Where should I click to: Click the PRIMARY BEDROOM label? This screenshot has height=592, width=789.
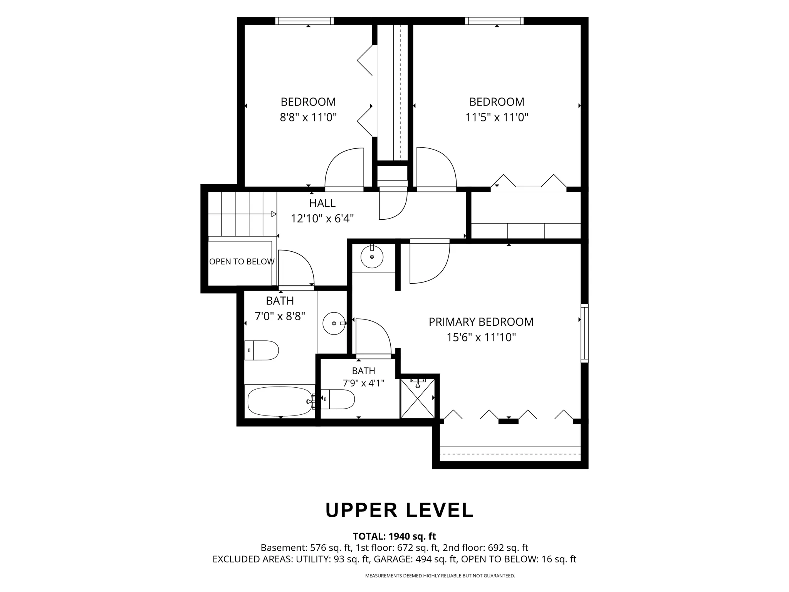pos(481,322)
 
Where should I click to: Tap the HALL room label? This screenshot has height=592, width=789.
pos(322,203)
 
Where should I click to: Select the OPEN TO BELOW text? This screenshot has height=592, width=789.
pos(242,262)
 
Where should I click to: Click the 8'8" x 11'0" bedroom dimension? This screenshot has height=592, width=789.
pos(308,117)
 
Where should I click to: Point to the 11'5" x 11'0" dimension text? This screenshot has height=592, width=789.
pos(497,117)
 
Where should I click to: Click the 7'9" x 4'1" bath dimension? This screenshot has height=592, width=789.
pos(363,383)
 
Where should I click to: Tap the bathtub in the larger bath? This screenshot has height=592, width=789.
pos(280,401)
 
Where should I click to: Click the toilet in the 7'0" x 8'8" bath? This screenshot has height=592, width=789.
pos(262,350)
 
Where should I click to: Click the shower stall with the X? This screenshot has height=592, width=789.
pos(418,399)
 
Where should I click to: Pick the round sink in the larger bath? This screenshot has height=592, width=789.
pos(334,323)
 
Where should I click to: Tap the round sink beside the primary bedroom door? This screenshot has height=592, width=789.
pos(372,257)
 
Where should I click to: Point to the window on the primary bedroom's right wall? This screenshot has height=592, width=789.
pos(584,333)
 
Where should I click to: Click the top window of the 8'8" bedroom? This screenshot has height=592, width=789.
pos(304,21)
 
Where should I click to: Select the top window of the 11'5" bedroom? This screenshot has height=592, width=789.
pos(494,21)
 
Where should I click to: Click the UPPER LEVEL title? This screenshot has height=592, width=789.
pos(400,510)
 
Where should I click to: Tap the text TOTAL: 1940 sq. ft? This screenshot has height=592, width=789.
pos(394,536)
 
